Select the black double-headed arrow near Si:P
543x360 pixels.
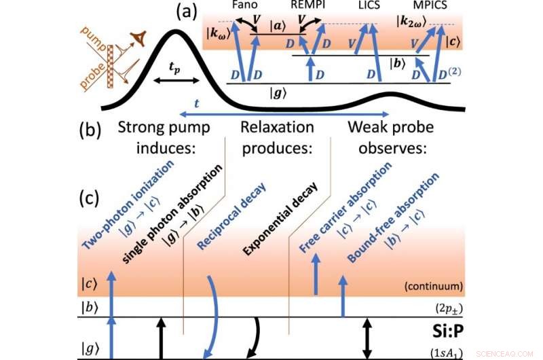pyautogui.click(x=367, y=337)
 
